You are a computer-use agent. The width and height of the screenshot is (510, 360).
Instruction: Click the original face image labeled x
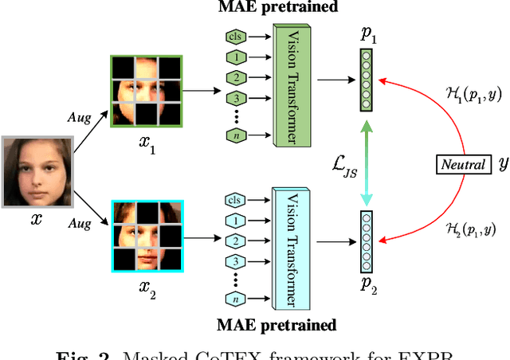click(x=37, y=170)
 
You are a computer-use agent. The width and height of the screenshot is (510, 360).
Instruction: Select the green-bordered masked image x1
click(x=147, y=89)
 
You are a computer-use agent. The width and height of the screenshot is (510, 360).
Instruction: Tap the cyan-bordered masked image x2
click(x=147, y=236)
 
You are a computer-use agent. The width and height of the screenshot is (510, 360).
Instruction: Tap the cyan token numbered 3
click(x=234, y=260)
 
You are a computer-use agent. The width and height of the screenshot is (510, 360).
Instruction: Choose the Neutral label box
click(x=463, y=165)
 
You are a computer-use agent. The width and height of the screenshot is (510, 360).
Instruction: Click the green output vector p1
click(x=366, y=80)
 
